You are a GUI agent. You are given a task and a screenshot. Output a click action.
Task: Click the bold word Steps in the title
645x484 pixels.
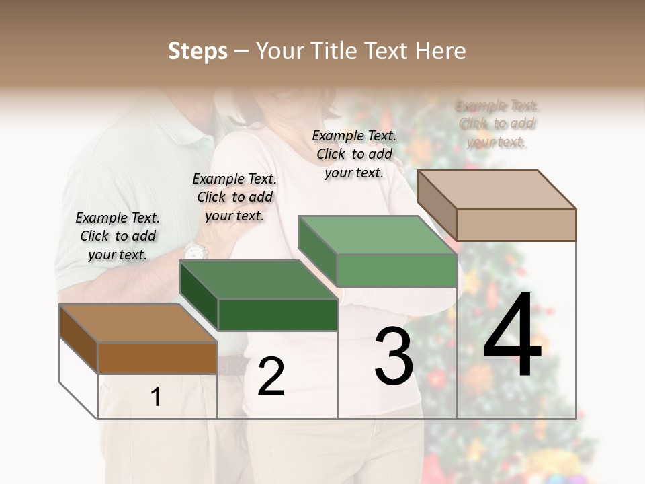[198, 51]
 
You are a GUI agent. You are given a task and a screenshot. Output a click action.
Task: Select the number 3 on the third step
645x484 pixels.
[394, 356]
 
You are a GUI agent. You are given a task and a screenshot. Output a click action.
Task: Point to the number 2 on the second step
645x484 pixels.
[271, 376]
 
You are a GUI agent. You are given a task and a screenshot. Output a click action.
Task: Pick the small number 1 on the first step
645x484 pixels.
[156, 397]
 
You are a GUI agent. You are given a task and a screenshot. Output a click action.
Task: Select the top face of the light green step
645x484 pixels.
[376, 235]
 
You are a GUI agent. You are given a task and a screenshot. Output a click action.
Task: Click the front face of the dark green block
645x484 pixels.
[277, 315]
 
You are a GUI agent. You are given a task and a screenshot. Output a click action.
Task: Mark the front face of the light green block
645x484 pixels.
[396, 270]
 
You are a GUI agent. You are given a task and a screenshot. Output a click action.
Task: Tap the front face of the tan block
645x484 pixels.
[516, 225]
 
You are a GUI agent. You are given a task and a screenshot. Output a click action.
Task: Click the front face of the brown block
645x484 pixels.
[158, 358]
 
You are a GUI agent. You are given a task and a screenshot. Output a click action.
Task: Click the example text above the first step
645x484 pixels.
[118, 236]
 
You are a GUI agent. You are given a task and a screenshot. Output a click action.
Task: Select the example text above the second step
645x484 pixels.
[234, 197]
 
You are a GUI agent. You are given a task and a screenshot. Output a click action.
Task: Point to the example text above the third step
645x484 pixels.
[354, 154]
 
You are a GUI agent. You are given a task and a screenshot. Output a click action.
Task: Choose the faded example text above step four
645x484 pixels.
[497, 124]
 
